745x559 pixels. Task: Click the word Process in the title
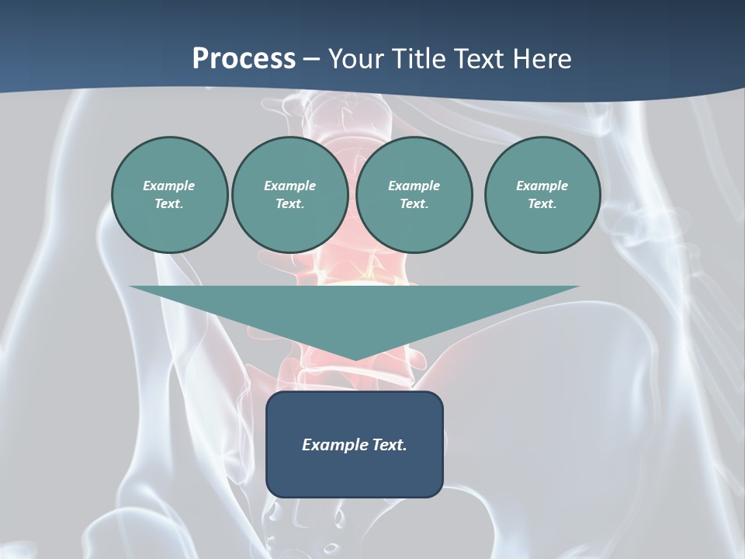pos(244,59)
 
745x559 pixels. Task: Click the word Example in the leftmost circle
pos(169,186)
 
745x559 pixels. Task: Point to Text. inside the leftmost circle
pos(169,204)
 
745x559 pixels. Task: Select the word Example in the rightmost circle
pos(542,186)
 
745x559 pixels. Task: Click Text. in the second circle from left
pos(289,204)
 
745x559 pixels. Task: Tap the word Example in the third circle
pos(414,186)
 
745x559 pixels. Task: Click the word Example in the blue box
pos(334,445)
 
